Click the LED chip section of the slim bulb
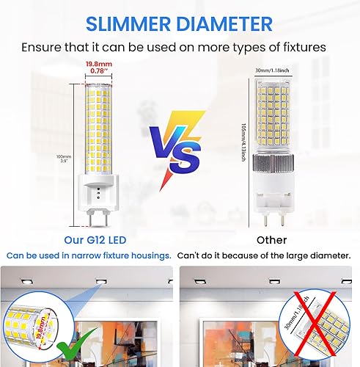pyautogui.click(x=97, y=125)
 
